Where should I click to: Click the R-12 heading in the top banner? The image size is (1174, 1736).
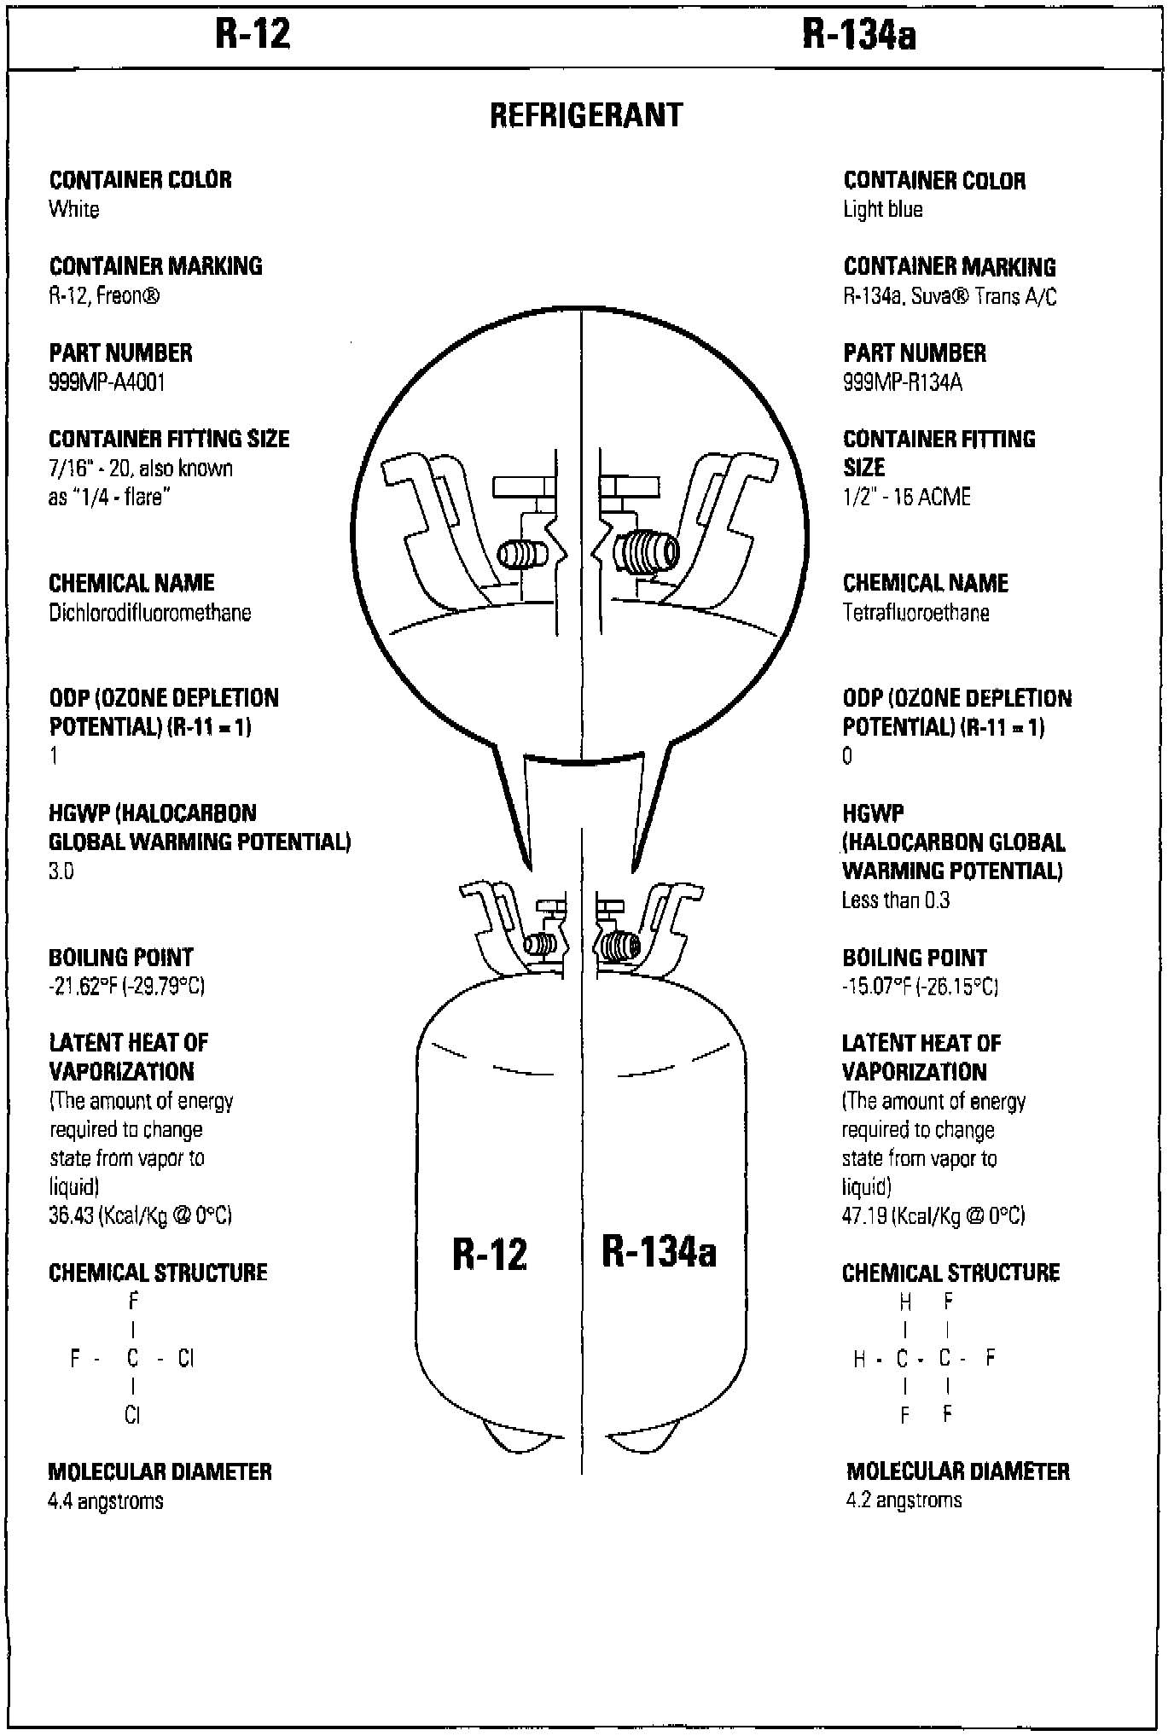[x=253, y=35]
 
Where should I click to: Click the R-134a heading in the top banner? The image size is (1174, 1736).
[x=859, y=36]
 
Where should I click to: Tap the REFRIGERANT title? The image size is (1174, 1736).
[x=586, y=115]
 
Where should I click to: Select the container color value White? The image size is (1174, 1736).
[x=74, y=209]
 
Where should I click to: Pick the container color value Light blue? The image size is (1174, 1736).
[x=883, y=209]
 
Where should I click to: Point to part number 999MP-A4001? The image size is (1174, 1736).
[x=107, y=382]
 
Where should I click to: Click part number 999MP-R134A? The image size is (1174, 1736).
[x=903, y=382]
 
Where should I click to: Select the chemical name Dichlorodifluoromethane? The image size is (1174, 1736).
[x=150, y=613]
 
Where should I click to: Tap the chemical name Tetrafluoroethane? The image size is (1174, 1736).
[x=916, y=613]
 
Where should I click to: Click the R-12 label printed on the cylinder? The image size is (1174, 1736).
[x=490, y=1254]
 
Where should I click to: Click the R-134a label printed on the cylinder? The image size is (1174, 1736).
[x=659, y=1251]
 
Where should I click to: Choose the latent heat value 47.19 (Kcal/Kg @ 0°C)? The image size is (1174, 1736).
[x=933, y=1215]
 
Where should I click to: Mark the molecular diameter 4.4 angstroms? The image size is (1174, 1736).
[x=106, y=1500]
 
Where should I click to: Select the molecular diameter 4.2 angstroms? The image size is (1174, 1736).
[x=904, y=1500]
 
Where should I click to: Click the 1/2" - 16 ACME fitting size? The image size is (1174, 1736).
[x=907, y=497]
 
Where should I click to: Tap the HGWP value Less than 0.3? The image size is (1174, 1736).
[x=896, y=900]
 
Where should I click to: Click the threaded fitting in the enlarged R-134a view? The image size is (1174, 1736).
[x=647, y=552]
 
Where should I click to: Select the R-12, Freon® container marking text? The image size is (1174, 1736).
[x=104, y=296]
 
